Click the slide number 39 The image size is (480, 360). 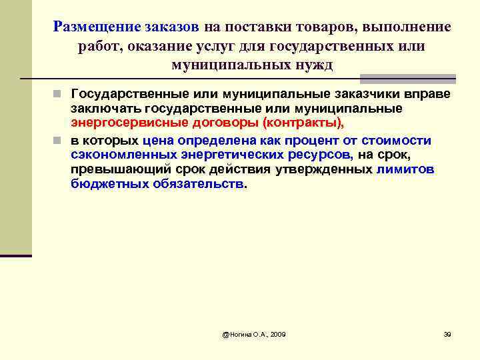(447, 333)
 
